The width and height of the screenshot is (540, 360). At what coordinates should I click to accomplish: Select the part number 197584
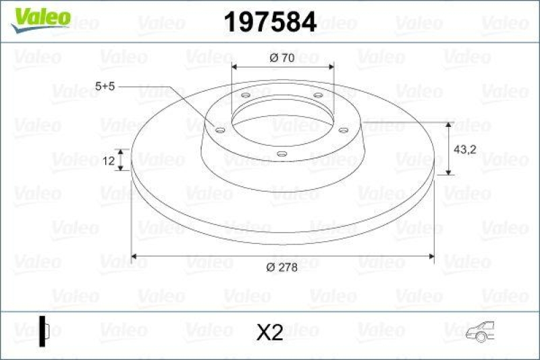click(x=270, y=22)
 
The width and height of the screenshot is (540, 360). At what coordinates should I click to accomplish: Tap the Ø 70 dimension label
click(x=281, y=57)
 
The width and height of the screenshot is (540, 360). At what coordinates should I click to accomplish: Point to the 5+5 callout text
click(x=107, y=86)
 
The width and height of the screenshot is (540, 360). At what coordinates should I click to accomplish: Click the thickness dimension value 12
click(x=107, y=161)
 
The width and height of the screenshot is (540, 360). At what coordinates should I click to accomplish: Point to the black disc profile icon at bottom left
click(x=45, y=332)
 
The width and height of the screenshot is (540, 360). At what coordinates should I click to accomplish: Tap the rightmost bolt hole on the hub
click(x=343, y=130)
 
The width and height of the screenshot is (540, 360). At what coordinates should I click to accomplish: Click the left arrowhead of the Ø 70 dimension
click(x=235, y=67)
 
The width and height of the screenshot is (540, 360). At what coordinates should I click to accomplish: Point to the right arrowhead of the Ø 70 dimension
click(x=331, y=67)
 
